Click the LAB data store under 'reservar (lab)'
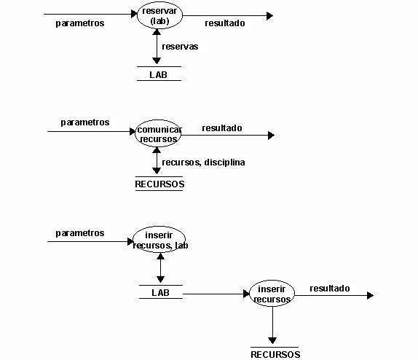click(x=159, y=74)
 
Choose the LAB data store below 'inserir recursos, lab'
click(x=161, y=292)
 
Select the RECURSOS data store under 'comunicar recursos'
click(x=159, y=184)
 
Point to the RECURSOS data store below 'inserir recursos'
click(x=275, y=354)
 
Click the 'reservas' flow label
click(x=180, y=47)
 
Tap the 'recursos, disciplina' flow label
click(x=203, y=163)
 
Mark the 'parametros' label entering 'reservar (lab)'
click(x=80, y=23)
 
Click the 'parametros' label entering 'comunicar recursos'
click(x=85, y=122)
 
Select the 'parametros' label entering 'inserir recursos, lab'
click(x=80, y=233)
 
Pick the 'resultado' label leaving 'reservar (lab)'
click(x=225, y=23)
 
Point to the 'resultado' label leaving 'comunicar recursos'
click(x=222, y=128)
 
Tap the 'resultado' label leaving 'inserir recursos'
click(x=330, y=288)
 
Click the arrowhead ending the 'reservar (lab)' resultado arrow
click(x=269, y=16)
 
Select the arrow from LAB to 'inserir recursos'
click(x=216, y=294)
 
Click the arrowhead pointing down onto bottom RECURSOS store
click(x=272, y=340)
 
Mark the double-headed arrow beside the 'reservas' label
click(x=157, y=47)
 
